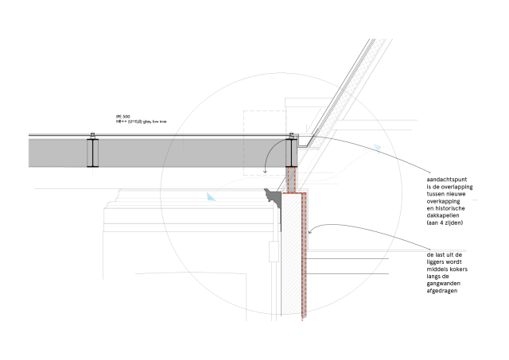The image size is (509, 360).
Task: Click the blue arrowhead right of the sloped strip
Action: pyautogui.click(x=377, y=148)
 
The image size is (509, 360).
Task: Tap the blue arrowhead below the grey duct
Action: pyautogui.click(x=211, y=196)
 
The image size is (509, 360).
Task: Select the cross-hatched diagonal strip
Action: pyautogui.click(x=348, y=91)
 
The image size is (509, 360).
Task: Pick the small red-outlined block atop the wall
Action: pyautogui.click(x=291, y=179)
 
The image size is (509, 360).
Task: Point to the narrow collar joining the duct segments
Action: pyautogui.click(x=92, y=153)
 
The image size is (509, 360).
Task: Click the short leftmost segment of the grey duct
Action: pyautogui.click(x=57, y=153)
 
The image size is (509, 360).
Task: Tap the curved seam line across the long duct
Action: pyautogui.click(x=169, y=153)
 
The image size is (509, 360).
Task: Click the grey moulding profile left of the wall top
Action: pyautogui.click(x=275, y=193)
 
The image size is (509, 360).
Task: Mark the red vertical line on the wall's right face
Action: pyautogui.click(x=303, y=254)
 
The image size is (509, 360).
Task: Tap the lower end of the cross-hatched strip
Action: pyautogui.click(x=317, y=144)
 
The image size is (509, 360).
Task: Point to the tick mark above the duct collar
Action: pyautogui.click(x=93, y=133)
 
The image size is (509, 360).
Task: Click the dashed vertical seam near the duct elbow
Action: pyautogui.click(x=243, y=153)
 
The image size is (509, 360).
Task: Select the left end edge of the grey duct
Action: pyautogui.click(x=29, y=153)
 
